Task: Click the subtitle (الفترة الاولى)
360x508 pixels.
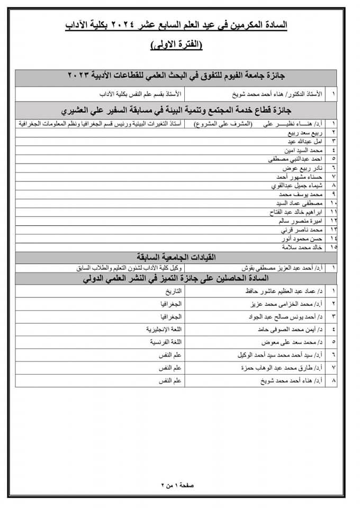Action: [x=176, y=45]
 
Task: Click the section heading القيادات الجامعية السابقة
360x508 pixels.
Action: [x=176, y=257]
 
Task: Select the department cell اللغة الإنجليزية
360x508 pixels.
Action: [x=165, y=329]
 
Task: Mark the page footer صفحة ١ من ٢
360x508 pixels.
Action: [x=177, y=485]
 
